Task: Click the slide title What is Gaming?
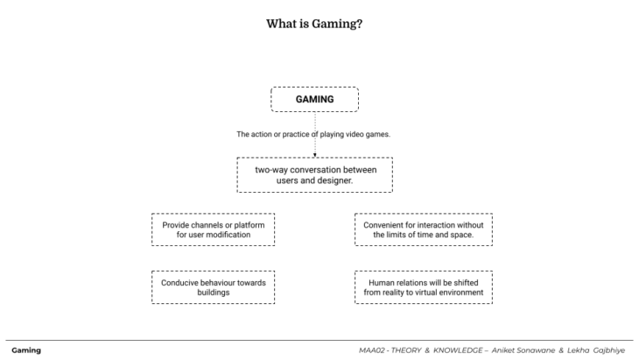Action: pos(314,24)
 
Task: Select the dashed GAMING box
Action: pos(314,99)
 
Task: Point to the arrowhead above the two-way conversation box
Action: pos(314,153)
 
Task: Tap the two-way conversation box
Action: pos(314,174)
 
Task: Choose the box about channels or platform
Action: pos(214,230)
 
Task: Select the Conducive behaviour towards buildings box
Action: pos(214,287)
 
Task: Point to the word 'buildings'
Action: pos(214,293)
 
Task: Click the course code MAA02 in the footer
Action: pos(374,349)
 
